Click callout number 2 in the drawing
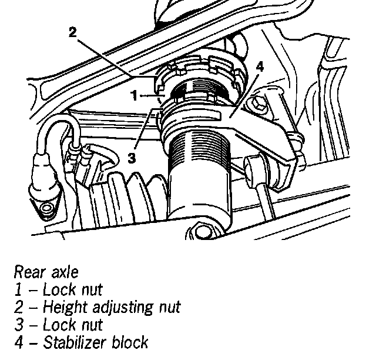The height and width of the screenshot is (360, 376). coord(72,32)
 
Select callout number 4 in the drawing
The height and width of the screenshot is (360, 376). coord(259,66)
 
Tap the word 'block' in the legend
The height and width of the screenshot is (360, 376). coord(129,342)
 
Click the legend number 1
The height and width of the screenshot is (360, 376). coord(18,289)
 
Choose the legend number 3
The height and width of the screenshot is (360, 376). coord(18,325)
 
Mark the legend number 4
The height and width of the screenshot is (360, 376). coord(18,342)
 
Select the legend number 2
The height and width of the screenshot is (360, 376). coord(18,307)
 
